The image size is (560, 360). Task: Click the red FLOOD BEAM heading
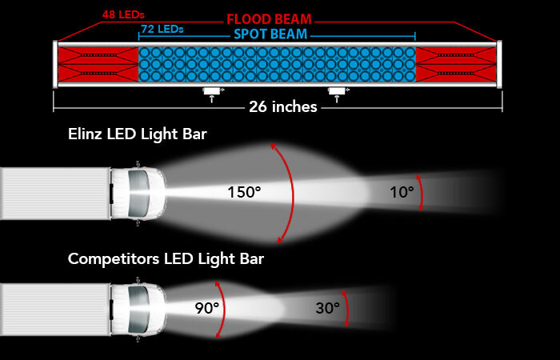click(x=269, y=19)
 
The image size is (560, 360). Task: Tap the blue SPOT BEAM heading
click(x=270, y=34)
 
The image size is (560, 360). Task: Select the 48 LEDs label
click(x=123, y=15)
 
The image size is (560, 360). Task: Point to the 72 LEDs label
click(x=162, y=29)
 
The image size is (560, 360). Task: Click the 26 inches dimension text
click(x=283, y=106)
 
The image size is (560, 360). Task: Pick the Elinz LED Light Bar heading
click(x=138, y=134)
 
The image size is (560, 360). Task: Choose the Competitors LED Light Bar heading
click(x=166, y=258)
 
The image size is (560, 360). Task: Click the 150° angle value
click(x=244, y=193)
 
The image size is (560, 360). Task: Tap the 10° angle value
click(x=402, y=193)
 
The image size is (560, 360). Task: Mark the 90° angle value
click(x=207, y=308)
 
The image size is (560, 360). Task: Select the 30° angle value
click(x=327, y=308)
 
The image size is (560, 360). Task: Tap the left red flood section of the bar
click(x=98, y=64)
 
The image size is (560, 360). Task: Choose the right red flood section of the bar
click(x=456, y=64)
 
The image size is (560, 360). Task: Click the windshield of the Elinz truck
click(x=139, y=194)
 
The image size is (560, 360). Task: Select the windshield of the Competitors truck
click(x=139, y=310)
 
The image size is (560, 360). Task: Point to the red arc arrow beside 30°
click(x=347, y=308)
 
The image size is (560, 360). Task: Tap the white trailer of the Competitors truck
click(x=55, y=310)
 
